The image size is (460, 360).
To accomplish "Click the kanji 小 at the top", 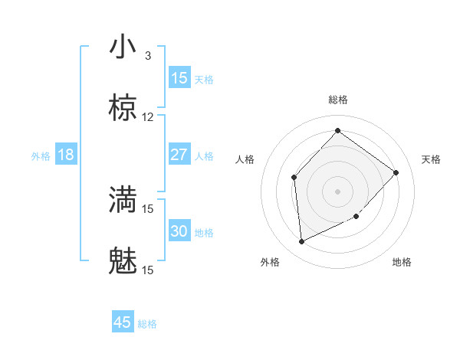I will click(123, 47).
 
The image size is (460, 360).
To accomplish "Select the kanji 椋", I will click(123, 109).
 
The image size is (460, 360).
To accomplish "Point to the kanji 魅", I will click(123, 262).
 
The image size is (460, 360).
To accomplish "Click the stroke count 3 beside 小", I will click(148, 55).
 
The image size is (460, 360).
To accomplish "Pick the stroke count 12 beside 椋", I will click(148, 117).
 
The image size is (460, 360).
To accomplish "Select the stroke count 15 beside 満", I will click(148, 208).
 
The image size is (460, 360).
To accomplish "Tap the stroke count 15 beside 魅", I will click(148, 270).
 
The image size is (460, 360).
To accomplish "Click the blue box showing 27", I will click(179, 154).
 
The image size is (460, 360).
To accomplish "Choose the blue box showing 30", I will click(179, 231).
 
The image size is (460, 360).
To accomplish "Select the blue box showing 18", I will click(66, 155).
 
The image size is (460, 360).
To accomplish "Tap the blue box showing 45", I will click(123, 322).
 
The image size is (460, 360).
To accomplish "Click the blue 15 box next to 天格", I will click(179, 78).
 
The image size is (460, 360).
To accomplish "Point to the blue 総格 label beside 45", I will click(148, 324).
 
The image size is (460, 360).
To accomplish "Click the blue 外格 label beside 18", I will click(41, 156).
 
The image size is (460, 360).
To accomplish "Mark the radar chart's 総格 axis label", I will click(338, 100).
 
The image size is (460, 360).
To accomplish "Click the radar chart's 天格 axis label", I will click(431, 159).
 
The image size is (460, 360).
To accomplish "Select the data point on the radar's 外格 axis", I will click(301, 242).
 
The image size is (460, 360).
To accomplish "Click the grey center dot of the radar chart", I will click(337, 191).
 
